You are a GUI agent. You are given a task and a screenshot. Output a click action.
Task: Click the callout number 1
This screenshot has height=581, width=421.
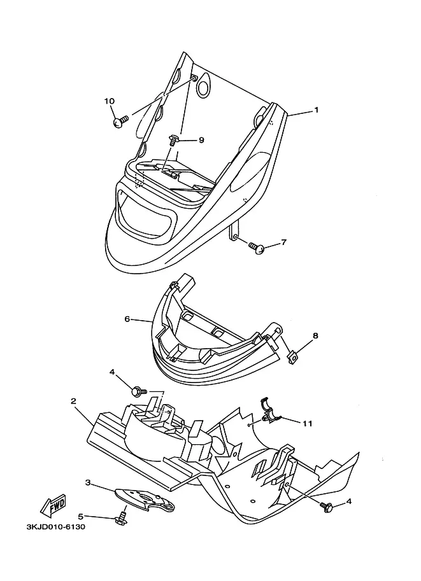point(317,110)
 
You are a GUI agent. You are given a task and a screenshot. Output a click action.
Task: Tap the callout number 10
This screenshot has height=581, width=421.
point(109,101)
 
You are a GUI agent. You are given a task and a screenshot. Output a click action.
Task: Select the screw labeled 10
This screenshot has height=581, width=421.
point(120,122)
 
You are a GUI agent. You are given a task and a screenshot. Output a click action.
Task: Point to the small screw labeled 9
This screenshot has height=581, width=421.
point(173,140)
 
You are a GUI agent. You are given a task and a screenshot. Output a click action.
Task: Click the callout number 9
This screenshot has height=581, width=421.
point(201,140)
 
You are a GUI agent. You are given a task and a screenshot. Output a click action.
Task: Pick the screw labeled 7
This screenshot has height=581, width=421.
point(256,248)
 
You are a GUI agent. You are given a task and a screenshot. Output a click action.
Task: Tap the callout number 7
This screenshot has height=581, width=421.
point(284,242)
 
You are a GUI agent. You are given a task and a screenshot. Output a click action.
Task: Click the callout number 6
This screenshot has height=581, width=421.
point(127,319)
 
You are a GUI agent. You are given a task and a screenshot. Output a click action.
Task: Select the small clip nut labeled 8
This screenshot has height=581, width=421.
point(292,358)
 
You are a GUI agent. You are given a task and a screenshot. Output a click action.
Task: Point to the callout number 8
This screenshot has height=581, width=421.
point(315,336)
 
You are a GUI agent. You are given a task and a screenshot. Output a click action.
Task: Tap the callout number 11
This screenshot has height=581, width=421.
point(307,423)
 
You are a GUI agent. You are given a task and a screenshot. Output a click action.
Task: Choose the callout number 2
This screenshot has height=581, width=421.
point(73,401)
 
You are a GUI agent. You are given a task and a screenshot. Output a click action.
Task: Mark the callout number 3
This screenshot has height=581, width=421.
point(88,482)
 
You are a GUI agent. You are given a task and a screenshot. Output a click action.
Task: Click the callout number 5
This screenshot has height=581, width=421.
point(80,516)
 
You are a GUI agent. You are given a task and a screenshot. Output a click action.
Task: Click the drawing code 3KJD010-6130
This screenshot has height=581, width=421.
point(55,527)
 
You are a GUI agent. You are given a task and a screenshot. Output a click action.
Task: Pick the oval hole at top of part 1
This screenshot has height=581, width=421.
point(204,87)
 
